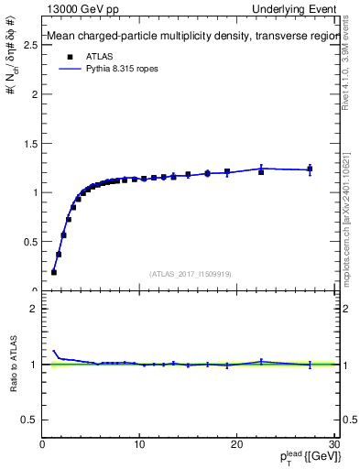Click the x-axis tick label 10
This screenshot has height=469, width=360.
(139, 445)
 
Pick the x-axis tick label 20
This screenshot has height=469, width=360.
(236, 445)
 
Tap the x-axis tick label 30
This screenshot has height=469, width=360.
(333, 445)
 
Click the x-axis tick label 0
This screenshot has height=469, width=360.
(42, 445)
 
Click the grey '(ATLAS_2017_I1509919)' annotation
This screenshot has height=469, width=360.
(190, 273)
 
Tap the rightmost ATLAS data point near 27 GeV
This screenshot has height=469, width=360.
(310, 169)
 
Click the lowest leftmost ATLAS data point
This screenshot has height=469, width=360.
(54, 272)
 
